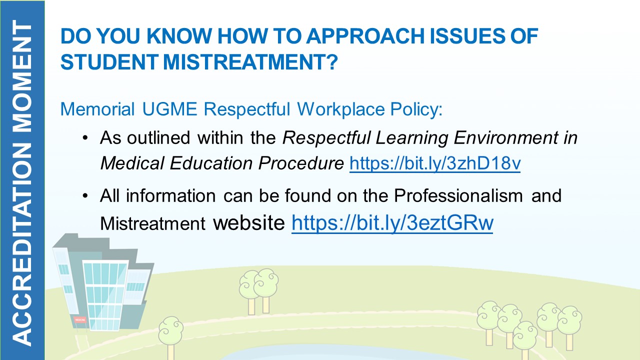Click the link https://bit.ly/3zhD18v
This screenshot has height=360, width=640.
coord(435,163)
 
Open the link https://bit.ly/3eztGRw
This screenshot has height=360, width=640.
coord(392,223)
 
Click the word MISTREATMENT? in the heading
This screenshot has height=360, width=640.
coord(250,62)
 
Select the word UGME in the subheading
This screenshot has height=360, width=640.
coord(169,109)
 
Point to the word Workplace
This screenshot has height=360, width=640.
coord(341,109)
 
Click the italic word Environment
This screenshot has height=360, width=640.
coord(505,137)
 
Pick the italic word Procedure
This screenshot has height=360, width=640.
coord(301,163)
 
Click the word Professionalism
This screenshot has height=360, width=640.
coord(458,195)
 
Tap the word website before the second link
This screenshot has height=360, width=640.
coord(249,223)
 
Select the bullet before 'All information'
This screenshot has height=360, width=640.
coord(85,196)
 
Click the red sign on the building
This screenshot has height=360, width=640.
coord(80,320)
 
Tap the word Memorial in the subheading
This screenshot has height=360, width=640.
coord(97,109)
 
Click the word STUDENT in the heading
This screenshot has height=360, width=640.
coord(109,62)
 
